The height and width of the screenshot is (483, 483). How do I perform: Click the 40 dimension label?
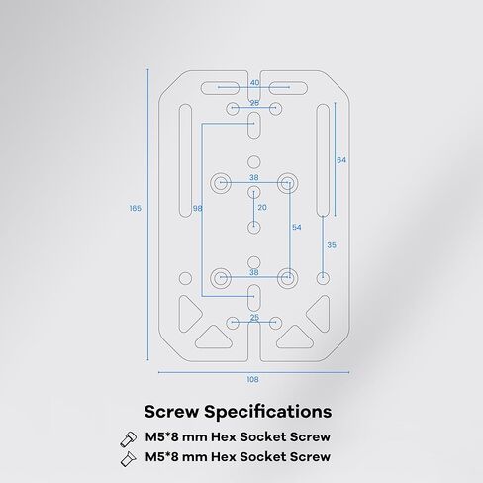tap(254, 83)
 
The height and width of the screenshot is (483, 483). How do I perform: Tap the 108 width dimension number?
tap(252, 380)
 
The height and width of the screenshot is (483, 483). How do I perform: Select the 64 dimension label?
tap(341, 160)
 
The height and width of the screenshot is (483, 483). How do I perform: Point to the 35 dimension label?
tap(332, 245)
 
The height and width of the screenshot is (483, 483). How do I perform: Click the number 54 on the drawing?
tap(297, 227)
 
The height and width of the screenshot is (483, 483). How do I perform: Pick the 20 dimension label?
tap(262, 208)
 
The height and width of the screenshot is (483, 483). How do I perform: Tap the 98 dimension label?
tap(197, 209)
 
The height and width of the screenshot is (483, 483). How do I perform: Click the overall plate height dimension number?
tap(136, 208)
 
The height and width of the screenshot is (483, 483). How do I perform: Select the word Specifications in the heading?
tap(268, 412)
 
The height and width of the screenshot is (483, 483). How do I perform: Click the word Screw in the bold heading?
tap(171, 412)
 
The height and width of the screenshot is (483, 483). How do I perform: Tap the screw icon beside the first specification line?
tap(129, 439)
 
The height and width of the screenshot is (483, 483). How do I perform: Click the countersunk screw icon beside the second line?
tap(129, 459)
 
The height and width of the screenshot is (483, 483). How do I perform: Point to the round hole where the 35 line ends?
tap(323, 278)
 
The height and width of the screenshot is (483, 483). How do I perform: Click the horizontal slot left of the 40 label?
tap(220, 88)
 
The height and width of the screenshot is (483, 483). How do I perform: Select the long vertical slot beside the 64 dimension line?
tap(323, 160)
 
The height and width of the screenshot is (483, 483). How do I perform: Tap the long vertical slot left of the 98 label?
tap(185, 160)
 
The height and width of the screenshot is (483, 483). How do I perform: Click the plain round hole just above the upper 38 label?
tap(253, 162)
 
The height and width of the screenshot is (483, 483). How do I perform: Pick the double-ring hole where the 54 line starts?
tap(288, 182)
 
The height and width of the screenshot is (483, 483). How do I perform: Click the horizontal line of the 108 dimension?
tap(253, 372)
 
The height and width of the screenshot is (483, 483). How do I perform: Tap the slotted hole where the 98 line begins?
tap(253, 125)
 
